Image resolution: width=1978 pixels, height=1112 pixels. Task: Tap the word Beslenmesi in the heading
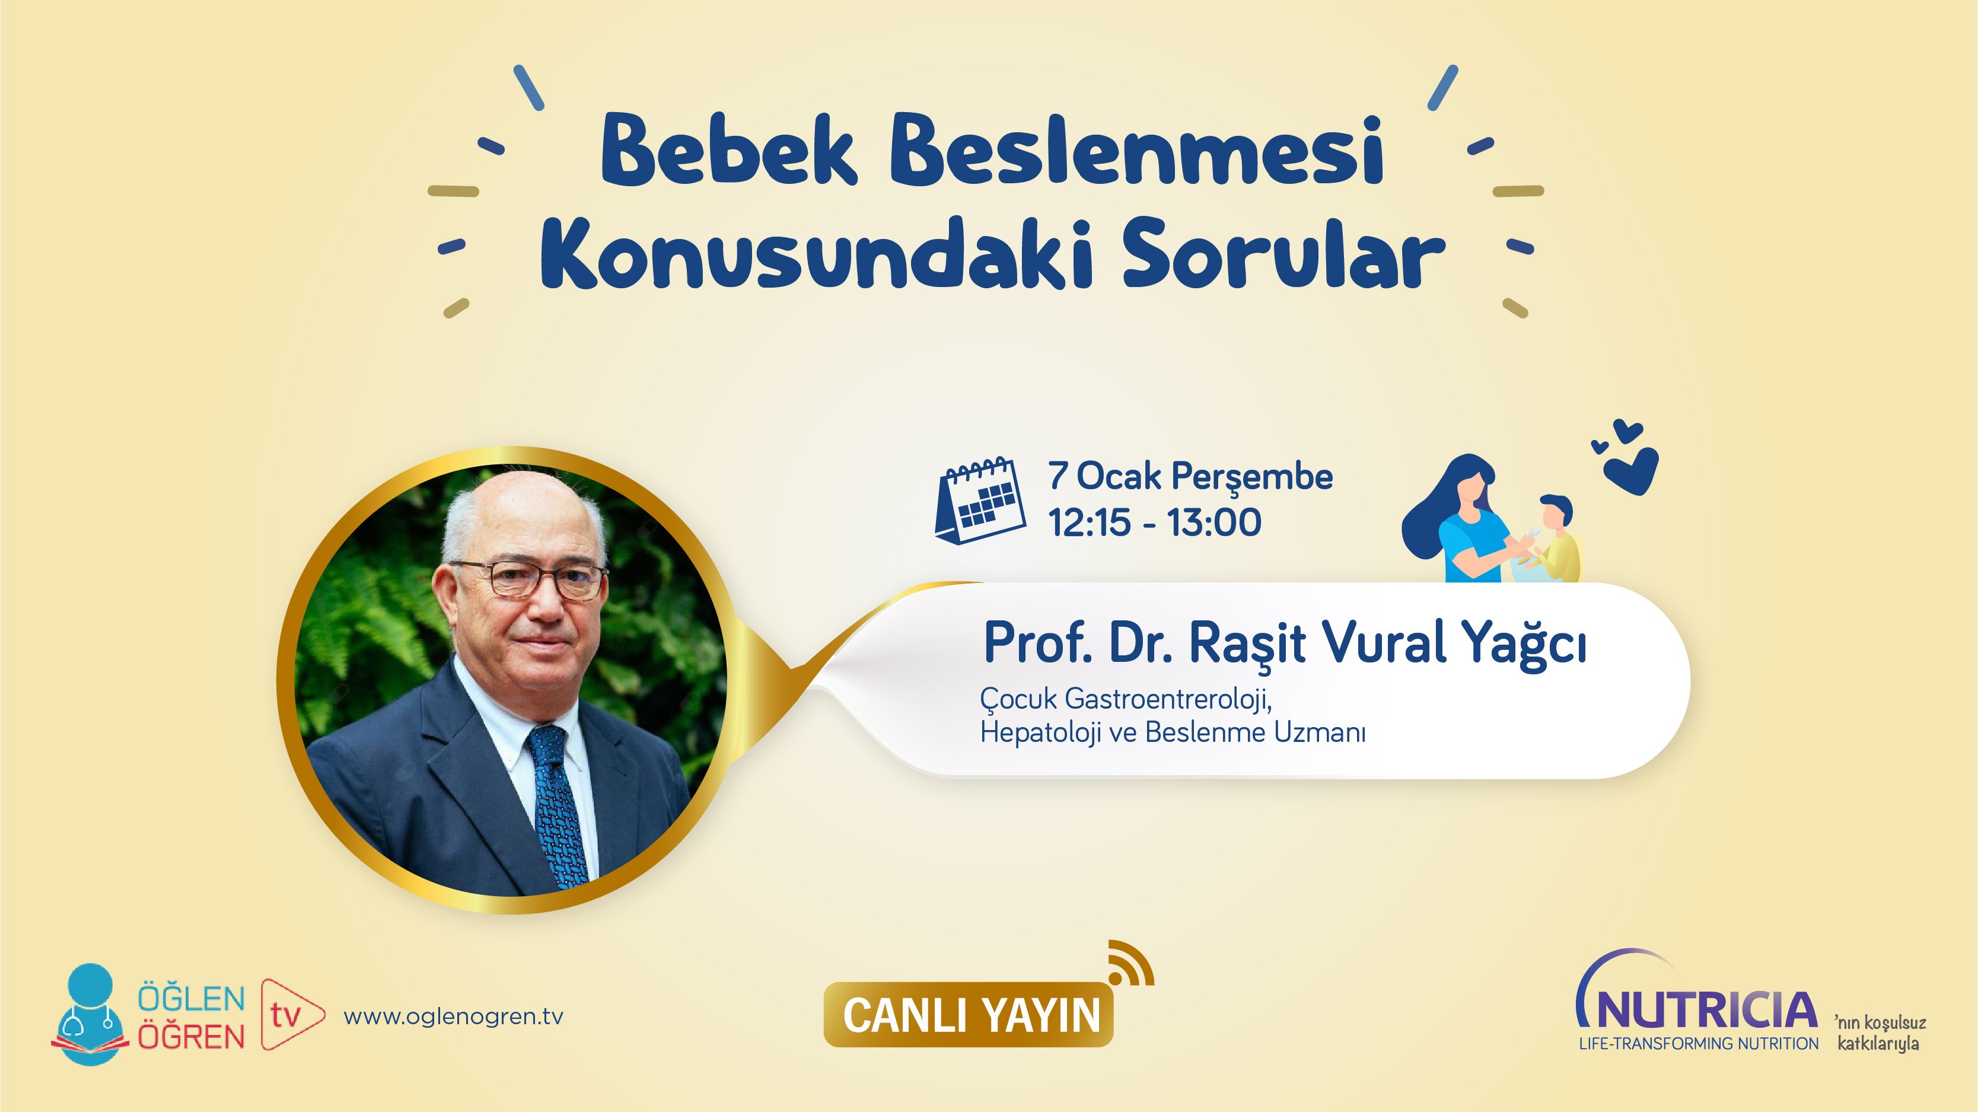(x=1136, y=151)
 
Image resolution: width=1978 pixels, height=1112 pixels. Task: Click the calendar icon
(x=980, y=501)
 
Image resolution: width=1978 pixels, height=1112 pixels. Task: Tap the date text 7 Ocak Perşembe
(x=1190, y=476)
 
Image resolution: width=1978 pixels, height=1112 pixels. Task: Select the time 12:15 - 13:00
(x=1155, y=523)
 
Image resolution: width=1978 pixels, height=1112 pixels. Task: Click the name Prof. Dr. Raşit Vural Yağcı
(x=1285, y=643)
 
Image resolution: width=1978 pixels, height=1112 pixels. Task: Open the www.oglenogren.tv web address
(x=453, y=1017)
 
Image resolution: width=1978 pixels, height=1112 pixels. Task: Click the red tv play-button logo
(x=290, y=1015)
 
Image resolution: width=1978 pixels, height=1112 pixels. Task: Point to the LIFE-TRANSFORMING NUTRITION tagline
(x=1699, y=1044)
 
